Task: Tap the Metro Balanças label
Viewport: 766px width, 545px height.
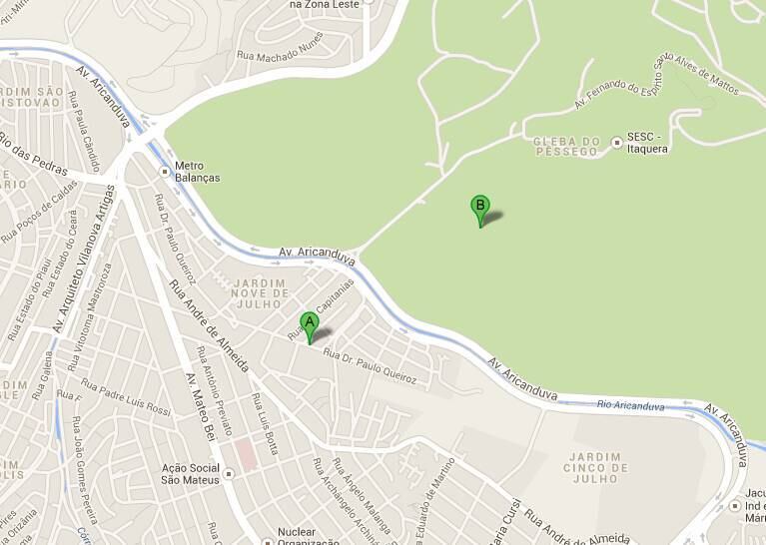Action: tap(196, 172)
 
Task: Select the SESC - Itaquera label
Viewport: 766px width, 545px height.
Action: tap(646, 142)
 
